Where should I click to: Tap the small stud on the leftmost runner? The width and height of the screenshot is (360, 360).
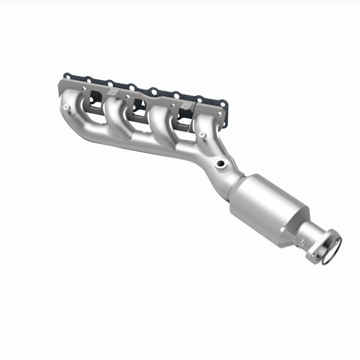coord(66,107)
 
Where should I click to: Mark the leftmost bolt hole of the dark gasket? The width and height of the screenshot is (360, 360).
coord(66,75)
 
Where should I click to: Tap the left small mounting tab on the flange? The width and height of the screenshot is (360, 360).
coord(112,92)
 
